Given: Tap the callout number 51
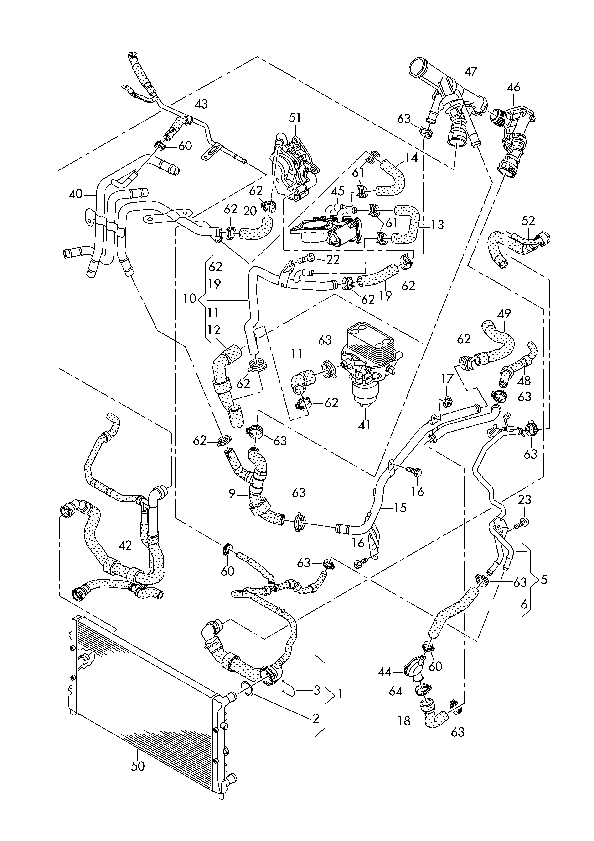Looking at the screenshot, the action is click(x=295, y=118).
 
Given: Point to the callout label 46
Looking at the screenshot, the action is click(x=513, y=87).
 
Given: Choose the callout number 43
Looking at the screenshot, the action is click(x=201, y=104).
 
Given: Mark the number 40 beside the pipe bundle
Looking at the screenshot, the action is click(x=76, y=194).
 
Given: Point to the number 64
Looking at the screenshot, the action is click(x=396, y=692).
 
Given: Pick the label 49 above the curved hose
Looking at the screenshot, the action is click(x=504, y=314).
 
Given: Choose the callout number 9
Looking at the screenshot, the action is click(x=232, y=494).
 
